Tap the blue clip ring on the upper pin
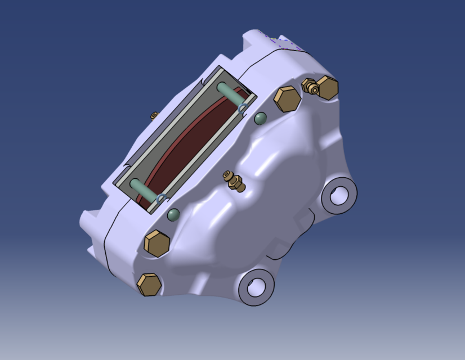pos(242,107)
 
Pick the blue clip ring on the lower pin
pos(162,198)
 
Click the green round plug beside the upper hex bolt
pos(260,118)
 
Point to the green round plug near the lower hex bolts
pos(173,214)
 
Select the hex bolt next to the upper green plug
pos(287,99)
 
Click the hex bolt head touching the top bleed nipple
pos(327,87)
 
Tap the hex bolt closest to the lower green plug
pos(157,244)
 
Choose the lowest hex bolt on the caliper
pos(149,285)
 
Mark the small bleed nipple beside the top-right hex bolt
pos(309,85)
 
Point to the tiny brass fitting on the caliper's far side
pos(154,115)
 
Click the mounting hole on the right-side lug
pos(339,195)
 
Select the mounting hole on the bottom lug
pos(256,287)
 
